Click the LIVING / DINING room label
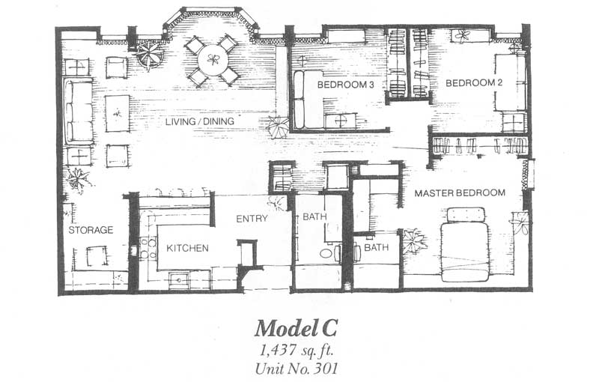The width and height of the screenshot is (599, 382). (199, 121)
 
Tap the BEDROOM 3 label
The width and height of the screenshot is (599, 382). (345, 85)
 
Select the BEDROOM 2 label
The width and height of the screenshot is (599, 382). (474, 82)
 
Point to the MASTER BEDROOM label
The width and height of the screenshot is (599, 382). (460, 193)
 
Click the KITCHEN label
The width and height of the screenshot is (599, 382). (188, 249)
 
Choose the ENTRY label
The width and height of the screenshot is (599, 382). (252, 219)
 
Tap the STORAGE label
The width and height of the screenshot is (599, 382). (91, 230)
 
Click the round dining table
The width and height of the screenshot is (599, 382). (212, 60)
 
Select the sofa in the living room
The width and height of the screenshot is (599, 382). (79, 111)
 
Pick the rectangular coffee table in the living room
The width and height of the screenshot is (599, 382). (118, 113)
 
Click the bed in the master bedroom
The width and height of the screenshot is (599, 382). (465, 245)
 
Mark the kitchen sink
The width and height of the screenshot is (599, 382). (180, 279)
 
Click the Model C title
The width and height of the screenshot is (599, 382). (296, 328)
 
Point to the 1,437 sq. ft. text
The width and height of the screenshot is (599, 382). (296, 351)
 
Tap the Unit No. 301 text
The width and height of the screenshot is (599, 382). (297, 369)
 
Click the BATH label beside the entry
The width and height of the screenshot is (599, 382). (314, 217)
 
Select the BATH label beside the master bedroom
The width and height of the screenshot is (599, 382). (377, 247)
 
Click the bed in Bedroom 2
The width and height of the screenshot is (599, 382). (511, 82)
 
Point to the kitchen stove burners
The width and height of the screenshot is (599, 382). (148, 249)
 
